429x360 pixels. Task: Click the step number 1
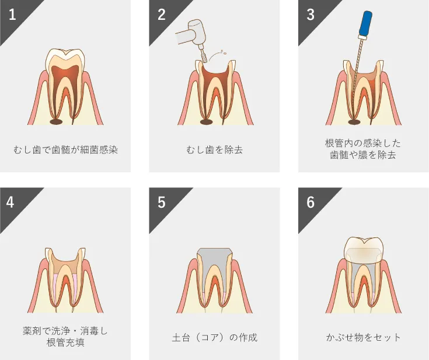click(12, 15)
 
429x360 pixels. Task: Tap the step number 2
click(162, 15)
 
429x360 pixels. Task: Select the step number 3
click(311, 15)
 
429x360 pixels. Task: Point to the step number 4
click(10, 202)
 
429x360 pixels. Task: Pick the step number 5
click(162, 202)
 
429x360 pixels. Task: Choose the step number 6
click(311, 202)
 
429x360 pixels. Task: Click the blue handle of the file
click(366, 23)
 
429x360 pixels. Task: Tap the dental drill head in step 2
click(197, 32)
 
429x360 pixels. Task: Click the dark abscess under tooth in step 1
click(57, 121)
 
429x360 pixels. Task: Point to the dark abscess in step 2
click(207, 121)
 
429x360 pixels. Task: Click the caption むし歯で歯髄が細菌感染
click(65, 150)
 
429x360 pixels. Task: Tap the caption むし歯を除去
click(215, 150)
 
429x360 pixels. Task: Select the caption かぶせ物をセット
click(363, 337)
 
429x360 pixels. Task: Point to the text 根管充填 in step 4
click(65, 342)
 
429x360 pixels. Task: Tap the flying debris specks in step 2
click(224, 52)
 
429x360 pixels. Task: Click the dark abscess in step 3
click(354, 121)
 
